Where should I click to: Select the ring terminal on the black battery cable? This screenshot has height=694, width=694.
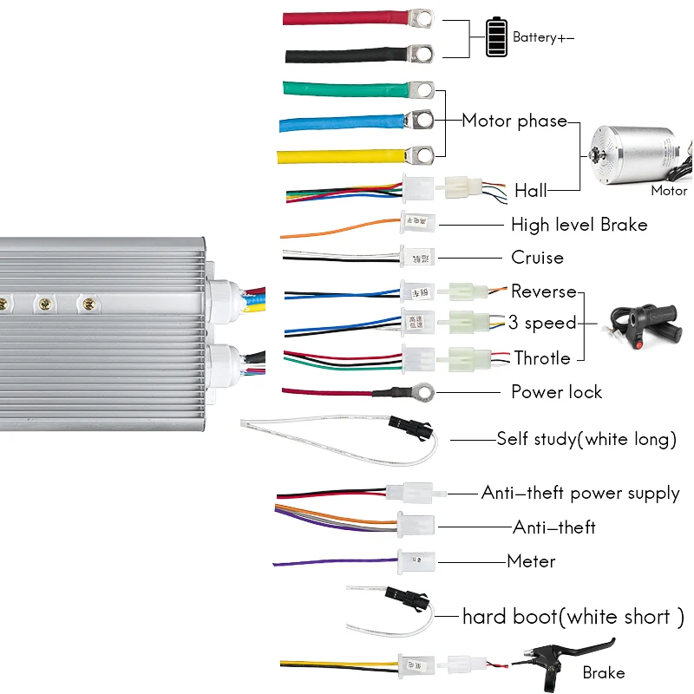423,53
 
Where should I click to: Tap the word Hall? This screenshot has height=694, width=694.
531,191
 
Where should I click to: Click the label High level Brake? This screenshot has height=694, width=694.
579,225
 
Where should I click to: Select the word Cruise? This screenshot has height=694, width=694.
537,258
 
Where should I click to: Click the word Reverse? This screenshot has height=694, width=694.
543,291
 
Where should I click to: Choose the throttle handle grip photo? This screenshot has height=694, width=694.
644,323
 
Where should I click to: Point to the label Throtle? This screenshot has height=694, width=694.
542,357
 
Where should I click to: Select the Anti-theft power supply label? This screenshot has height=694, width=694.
580,493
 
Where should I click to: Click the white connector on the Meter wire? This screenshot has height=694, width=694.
412,560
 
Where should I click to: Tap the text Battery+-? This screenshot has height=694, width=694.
543,37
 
